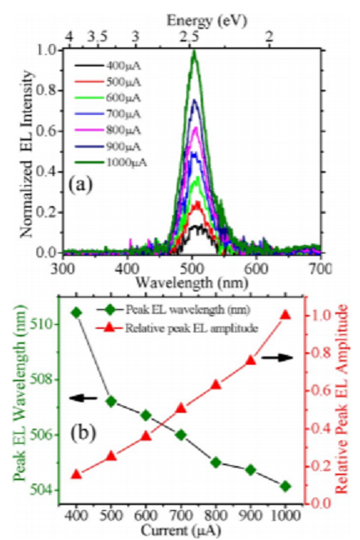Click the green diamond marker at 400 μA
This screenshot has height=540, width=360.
(x=76, y=312)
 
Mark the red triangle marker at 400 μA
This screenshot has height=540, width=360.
(x=76, y=474)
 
